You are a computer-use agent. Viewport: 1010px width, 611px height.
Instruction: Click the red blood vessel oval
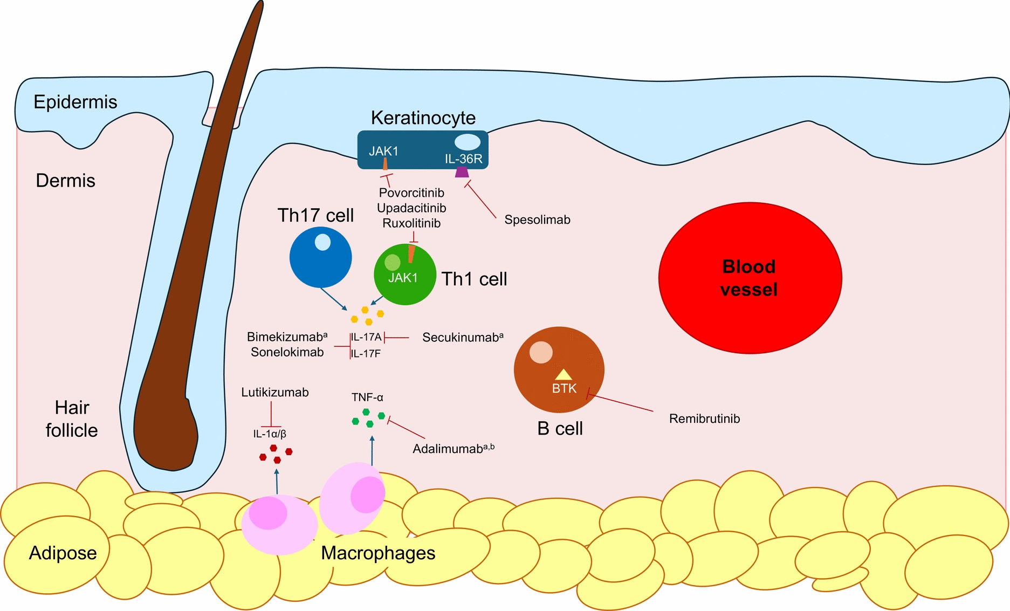pos(750,278)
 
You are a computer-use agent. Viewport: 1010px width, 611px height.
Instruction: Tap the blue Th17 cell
pos(320,257)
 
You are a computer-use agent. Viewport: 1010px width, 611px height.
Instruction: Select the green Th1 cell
pos(404,274)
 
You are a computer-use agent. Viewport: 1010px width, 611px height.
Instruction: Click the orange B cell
pos(559,369)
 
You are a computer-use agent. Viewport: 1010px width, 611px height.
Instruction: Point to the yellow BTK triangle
pos(564,374)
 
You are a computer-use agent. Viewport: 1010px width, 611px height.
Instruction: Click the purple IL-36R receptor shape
pos(462,172)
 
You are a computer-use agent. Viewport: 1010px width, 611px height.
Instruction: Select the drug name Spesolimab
pos(537,219)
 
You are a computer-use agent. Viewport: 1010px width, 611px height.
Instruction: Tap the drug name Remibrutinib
pos(704,418)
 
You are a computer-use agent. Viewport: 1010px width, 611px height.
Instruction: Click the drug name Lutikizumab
pos(275,392)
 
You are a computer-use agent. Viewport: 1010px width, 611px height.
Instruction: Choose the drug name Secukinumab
pos(461,338)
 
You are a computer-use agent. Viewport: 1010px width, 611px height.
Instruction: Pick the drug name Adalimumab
pos(447,449)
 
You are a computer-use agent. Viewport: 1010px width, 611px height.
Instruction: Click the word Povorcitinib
pos(411,193)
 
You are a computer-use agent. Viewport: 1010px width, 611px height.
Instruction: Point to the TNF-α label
pos(367,397)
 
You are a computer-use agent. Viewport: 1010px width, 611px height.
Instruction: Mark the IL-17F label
pos(366,354)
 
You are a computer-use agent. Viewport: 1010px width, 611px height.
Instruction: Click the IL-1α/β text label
pos(270,434)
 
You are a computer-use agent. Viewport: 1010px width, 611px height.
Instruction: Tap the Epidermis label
pos(75,102)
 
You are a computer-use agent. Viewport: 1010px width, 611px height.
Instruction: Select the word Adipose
pos(63,553)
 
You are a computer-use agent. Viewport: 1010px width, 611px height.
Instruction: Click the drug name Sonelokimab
pos(287,352)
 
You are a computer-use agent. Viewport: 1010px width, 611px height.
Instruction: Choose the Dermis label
pos(65,180)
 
